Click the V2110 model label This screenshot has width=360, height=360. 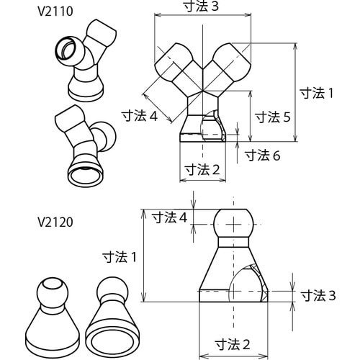click(x=55, y=12)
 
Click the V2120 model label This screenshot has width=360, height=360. click(x=55, y=222)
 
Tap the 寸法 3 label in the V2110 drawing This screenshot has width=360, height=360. click(x=201, y=6)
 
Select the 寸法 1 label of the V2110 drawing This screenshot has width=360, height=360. click(x=317, y=93)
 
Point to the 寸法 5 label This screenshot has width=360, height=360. click(x=273, y=117)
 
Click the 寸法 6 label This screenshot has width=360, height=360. click(x=263, y=156)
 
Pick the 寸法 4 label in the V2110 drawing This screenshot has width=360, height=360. click(x=140, y=116)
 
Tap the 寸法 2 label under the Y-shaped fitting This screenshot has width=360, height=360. click(x=202, y=170)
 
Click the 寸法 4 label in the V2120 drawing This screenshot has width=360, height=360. click(x=170, y=218)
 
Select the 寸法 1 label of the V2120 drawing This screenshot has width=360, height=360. click(x=120, y=257)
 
